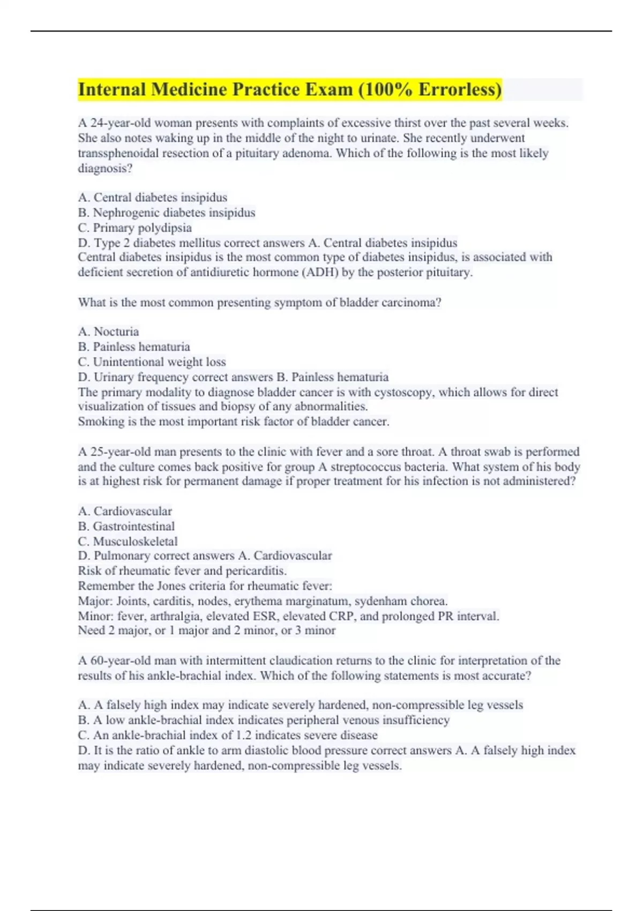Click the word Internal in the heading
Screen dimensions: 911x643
coord(111,89)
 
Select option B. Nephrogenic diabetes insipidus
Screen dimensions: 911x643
coord(166,213)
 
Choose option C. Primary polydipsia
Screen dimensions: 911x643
coord(134,228)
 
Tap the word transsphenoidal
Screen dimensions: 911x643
coord(118,153)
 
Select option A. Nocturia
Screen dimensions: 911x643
coord(108,332)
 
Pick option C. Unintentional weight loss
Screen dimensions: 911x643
coord(152,362)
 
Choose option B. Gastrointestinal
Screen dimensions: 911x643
coord(126,526)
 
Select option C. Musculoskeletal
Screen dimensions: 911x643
coord(128,541)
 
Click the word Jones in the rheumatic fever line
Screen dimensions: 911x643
coord(170,586)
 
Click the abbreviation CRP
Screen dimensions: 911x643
coord(341,616)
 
